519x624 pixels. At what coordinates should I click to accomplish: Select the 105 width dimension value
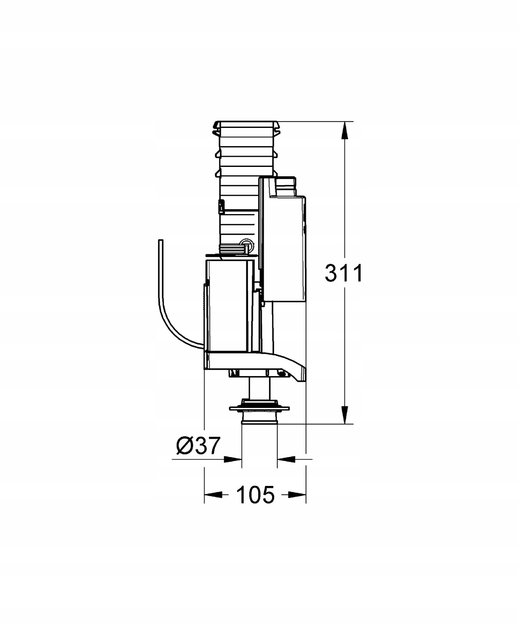[256, 495]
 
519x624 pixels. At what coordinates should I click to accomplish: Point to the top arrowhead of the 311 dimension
[344, 130]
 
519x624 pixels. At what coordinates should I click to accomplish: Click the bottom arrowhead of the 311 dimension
[344, 415]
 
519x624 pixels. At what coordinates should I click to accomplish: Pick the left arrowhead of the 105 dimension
[213, 495]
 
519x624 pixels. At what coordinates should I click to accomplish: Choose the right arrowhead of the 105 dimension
[297, 495]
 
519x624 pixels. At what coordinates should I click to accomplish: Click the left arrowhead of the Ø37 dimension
[233, 459]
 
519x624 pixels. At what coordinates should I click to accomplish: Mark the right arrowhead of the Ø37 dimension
[286, 459]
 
